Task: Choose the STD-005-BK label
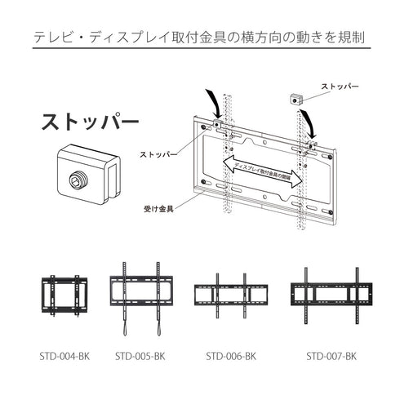tap(140, 356)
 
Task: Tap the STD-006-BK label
tap(231, 356)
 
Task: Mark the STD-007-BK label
tap(332, 356)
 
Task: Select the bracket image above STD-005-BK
tap(140, 298)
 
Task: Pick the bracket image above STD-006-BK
tap(231, 294)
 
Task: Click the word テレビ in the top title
tap(52, 38)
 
